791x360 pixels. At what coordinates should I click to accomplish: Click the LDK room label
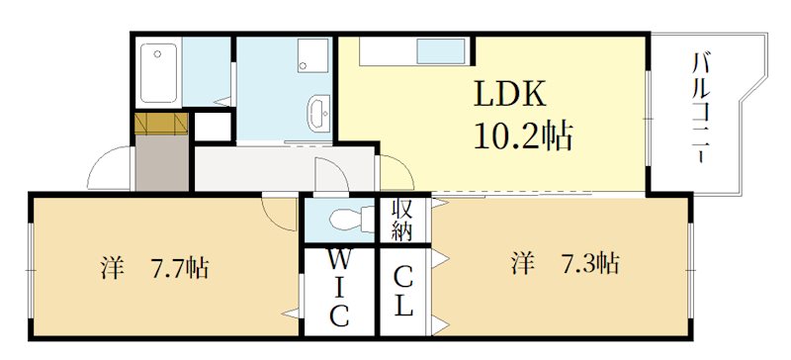click(x=508, y=94)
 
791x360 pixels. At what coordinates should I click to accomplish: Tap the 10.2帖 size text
click(x=524, y=135)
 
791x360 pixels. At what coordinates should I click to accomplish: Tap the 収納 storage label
click(x=401, y=221)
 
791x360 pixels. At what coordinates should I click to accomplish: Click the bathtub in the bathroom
click(x=157, y=72)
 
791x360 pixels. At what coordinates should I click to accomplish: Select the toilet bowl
click(x=345, y=218)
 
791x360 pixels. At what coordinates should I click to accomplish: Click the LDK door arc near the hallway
click(x=393, y=173)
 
